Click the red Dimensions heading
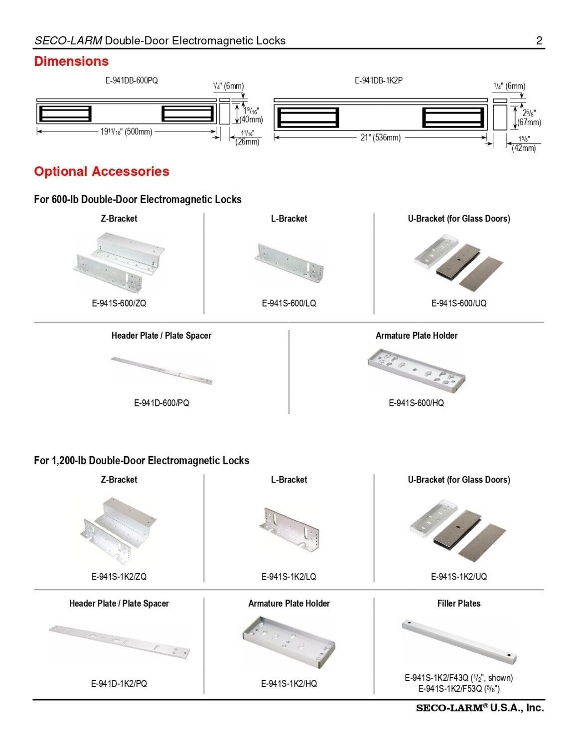click(x=71, y=62)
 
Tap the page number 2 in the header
click(x=539, y=41)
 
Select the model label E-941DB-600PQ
click(x=132, y=80)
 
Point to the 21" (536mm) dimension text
click(x=380, y=137)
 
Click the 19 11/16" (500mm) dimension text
click(x=126, y=132)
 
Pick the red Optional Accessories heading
click(x=102, y=172)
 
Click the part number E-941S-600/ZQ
click(x=119, y=303)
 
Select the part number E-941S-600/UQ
click(x=458, y=303)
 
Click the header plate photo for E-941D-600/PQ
click(x=162, y=371)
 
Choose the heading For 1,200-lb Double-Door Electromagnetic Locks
click(x=142, y=461)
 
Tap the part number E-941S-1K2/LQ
click(x=289, y=577)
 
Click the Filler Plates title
click(x=459, y=604)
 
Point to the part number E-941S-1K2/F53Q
click(x=458, y=689)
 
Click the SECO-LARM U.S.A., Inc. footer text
click(x=480, y=708)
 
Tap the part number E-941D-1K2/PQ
click(x=119, y=684)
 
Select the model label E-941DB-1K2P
click(x=379, y=80)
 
